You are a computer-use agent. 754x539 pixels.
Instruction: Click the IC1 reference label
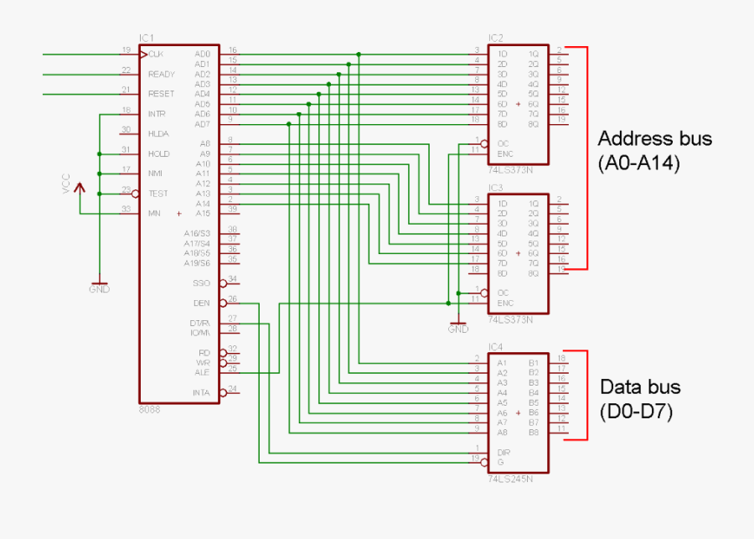[147, 38]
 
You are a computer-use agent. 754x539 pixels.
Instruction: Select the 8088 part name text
[149, 410]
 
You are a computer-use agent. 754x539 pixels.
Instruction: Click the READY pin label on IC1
[161, 74]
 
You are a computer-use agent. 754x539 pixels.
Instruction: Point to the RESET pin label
[161, 94]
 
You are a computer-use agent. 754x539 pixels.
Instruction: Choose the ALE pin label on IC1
[203, 371]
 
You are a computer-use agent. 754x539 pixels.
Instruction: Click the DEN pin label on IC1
[202, 303]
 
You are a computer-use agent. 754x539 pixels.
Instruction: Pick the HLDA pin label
[158, 133]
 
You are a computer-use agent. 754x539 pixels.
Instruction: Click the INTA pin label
[201, 392]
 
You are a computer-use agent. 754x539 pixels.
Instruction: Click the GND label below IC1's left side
[99, 289]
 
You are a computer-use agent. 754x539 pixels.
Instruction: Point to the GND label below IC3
[457, 329]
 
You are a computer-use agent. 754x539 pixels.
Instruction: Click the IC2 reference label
[495, 38]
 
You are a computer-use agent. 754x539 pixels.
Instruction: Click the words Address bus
[654, 138]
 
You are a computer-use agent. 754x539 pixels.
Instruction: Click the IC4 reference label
[495, 346]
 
